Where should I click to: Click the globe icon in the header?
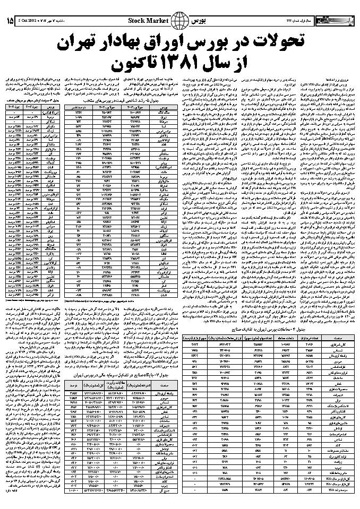point(182,21)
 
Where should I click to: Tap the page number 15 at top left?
point(10,21)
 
